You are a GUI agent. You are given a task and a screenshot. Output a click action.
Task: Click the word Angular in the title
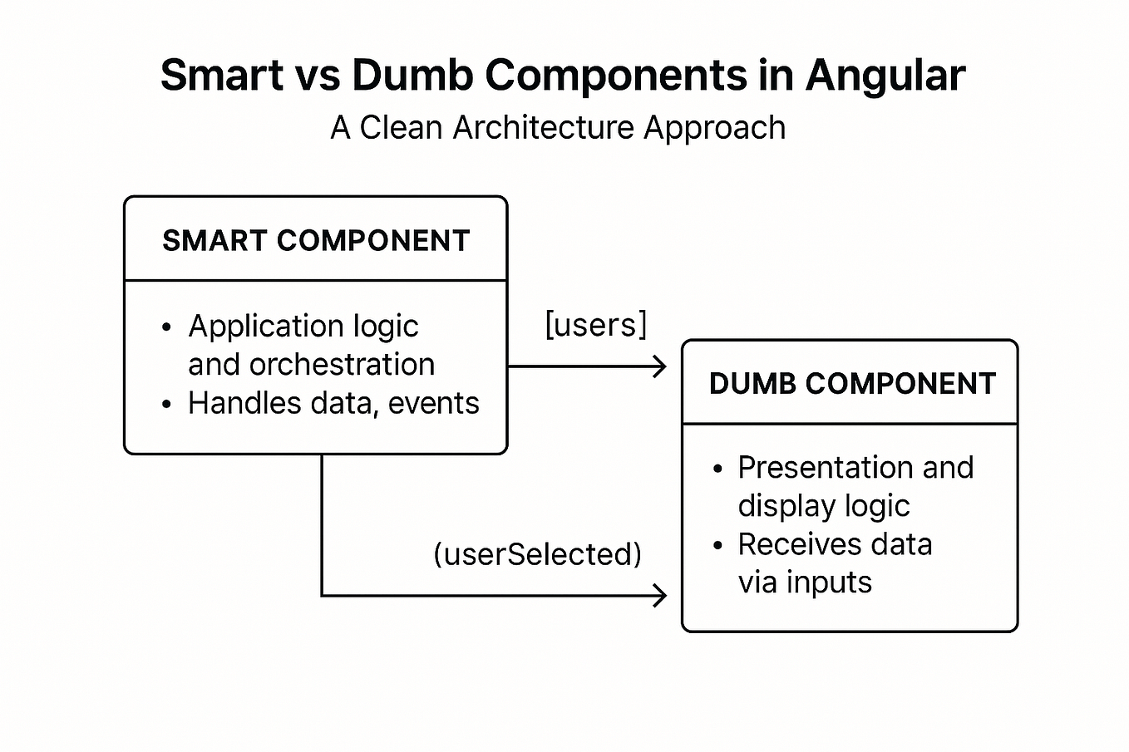point(885,76)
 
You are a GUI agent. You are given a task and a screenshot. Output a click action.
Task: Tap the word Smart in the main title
point(222,76)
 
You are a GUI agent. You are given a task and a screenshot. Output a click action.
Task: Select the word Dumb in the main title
point(412,76)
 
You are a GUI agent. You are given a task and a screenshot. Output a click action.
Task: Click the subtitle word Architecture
point(543,128)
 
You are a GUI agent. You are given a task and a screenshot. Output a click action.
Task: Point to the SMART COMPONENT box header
point(316,241)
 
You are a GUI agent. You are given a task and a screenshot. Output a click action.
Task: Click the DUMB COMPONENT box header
point(852,384)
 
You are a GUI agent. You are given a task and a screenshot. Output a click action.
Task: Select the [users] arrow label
point(595,324)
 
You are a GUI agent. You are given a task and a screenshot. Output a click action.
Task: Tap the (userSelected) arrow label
point(538,554)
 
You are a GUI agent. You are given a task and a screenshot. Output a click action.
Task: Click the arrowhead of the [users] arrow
point(661,366)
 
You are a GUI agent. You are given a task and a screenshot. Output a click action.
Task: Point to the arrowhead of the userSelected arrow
point(661,596)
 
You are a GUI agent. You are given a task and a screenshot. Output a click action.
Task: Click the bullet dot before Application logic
point(167,327)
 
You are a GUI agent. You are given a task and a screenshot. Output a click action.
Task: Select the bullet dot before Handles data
point(167,405)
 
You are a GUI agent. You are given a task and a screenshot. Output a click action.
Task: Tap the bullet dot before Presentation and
point(717,469)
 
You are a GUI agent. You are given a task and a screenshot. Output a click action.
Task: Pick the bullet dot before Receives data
point(717,546)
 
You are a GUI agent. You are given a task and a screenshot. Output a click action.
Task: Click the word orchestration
point(342,365)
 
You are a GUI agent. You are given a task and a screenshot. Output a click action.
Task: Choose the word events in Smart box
point(434,403)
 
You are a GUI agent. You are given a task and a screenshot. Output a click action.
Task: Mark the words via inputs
point(805,582)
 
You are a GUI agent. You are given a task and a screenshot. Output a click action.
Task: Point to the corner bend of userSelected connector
point(323,596)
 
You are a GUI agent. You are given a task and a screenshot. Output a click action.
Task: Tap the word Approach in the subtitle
point(714,128)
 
